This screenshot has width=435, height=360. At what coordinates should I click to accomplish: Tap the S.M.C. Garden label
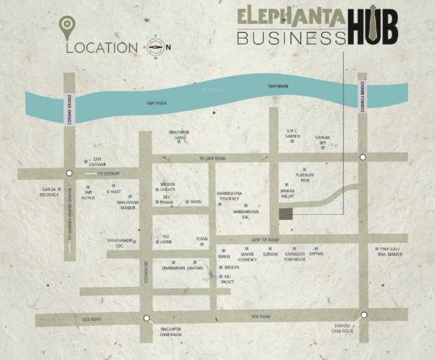[x=293, y=134]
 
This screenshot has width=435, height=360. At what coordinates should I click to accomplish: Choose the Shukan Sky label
[x=322, y=139]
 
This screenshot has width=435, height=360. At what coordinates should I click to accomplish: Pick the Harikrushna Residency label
[x=233, y=196]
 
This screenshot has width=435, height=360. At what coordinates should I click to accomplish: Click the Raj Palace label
[x=228, y=279]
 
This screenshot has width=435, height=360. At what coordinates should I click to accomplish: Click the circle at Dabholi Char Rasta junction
[x=364, y=315]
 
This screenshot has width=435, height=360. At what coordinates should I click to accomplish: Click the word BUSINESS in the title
[x=291, y=36]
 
